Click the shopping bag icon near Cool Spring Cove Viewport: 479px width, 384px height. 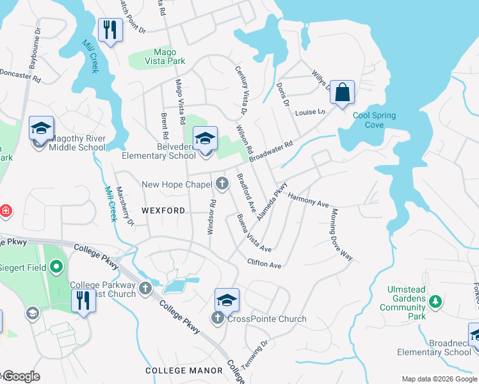tap(343, 92)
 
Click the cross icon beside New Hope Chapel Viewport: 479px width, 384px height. tap(222, 184)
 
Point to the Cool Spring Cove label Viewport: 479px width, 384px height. tap(374, 120)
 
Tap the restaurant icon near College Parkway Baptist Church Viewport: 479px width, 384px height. tap(83, 301)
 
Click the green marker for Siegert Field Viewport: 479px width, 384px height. tap(56, 267)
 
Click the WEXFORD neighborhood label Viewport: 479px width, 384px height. tap(163, 211)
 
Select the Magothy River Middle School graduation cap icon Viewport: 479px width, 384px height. tap(41, 129)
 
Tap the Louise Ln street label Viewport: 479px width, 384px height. tap(310, 113)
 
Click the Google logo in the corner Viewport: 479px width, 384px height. tap(21, 376)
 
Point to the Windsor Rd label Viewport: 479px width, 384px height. tap(211, 216)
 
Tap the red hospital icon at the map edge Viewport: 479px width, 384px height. tap(4, 210)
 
